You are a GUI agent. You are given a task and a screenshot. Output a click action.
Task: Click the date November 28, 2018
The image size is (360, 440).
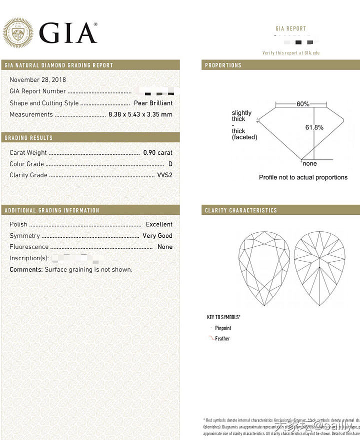point(37,80)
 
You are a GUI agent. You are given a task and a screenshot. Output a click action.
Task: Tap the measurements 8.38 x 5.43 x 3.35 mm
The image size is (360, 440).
point(140,115)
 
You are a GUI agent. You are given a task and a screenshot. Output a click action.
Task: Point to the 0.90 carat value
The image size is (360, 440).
point(157,153)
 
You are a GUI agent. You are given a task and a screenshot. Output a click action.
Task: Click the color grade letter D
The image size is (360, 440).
point(170,164)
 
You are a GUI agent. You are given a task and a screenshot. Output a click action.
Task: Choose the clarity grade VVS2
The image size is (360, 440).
point(164,175)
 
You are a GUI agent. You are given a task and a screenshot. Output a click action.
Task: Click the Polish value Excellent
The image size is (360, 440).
point(159,225)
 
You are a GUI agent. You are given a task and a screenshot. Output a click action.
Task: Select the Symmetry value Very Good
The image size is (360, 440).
point(157,236)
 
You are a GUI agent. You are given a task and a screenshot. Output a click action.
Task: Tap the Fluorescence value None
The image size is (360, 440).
point(164,247)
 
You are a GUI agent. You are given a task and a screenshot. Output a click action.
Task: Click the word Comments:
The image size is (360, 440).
point(26,270)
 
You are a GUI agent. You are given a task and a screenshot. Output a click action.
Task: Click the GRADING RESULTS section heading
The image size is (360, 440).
point(28,138)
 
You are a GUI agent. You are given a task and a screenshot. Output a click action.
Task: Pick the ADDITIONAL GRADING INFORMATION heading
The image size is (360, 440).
point(52,211)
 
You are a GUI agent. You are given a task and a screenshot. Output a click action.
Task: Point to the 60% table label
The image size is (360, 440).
point(303,104)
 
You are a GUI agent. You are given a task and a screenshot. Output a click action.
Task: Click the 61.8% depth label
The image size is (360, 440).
point(314,127)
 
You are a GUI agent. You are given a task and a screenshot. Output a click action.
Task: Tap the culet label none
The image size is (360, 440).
point(310,163)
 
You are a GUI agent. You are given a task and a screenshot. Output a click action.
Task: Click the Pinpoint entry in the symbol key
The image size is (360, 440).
point(223,328)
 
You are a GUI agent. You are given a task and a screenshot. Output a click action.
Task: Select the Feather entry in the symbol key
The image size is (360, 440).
point(222,339)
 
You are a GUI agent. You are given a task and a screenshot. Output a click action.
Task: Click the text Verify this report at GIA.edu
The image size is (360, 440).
point(291,53)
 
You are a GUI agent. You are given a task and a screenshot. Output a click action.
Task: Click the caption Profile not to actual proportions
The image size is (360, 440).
point(303,177)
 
